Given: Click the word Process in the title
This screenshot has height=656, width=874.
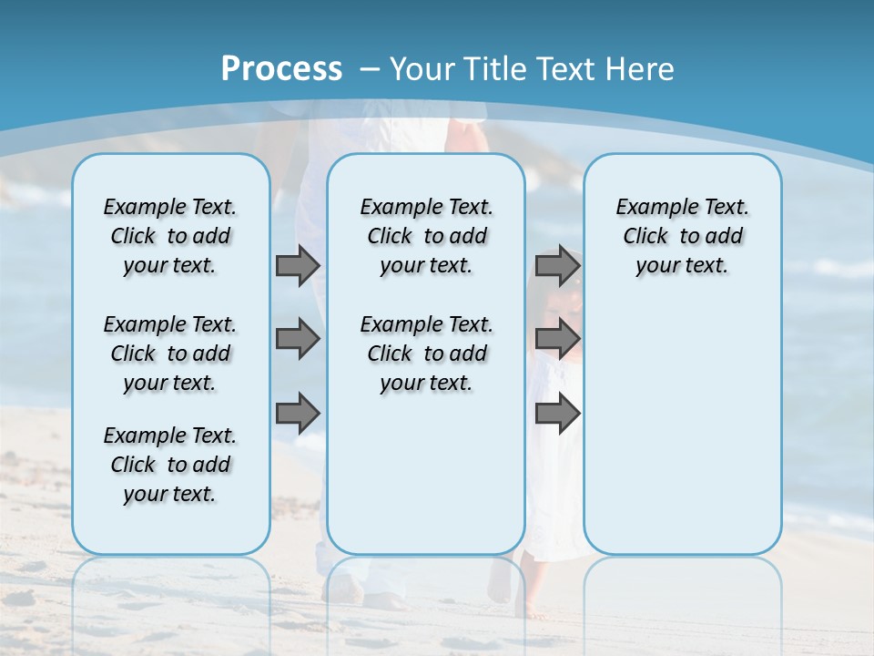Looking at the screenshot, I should click(x=281, y=68).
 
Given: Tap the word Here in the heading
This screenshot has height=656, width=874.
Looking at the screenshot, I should click(x=638, y=68).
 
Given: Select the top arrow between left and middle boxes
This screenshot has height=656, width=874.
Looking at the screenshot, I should click(x=297, y=265).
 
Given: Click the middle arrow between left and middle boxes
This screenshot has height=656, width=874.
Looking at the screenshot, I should click(x=297, y=339).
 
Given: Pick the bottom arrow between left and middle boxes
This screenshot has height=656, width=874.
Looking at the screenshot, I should click(x=297, y=414).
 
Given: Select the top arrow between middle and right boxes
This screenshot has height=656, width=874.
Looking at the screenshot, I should click(x=557, y=265).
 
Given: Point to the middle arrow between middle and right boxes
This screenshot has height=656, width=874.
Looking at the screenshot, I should click(x=557, y=339).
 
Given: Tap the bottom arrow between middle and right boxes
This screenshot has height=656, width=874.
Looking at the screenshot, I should click(x=557, y=414).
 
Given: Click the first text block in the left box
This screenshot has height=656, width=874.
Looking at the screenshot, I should click(x=170, y=236).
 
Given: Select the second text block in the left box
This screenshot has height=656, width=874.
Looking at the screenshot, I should click(x=170, y=354).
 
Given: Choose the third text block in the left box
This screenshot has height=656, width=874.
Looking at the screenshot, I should click(x=170, y=465).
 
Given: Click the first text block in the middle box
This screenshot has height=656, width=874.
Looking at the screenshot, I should click(x=426, y=236).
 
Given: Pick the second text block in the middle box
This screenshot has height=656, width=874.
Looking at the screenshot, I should click(x=426, y=354).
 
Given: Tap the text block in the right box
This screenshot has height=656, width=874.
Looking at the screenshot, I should click(x=682, y=236).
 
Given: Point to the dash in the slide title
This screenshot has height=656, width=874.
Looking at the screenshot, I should click(x=370, y=68).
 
